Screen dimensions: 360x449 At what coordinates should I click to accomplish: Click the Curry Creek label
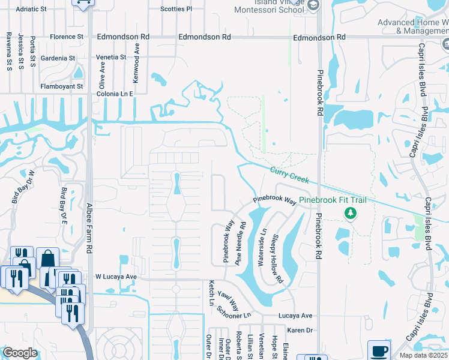(289, 175)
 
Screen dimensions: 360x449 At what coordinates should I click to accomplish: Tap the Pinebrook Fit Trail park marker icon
(349, 213)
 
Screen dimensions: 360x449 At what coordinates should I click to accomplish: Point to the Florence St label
(67, 37)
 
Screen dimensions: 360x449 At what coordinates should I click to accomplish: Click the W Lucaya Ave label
(116, 277)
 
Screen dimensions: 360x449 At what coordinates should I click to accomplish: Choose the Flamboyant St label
(62, 86)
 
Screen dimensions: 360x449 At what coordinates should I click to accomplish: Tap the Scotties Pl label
(176, 10)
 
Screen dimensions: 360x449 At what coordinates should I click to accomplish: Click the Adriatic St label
(31, 10)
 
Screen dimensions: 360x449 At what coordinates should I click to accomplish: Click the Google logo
(20, 353)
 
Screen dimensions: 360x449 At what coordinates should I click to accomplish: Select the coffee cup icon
(379, 350)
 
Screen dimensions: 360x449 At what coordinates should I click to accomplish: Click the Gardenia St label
(58, 58)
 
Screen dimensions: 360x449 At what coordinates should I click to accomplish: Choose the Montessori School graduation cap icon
(312, 5)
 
